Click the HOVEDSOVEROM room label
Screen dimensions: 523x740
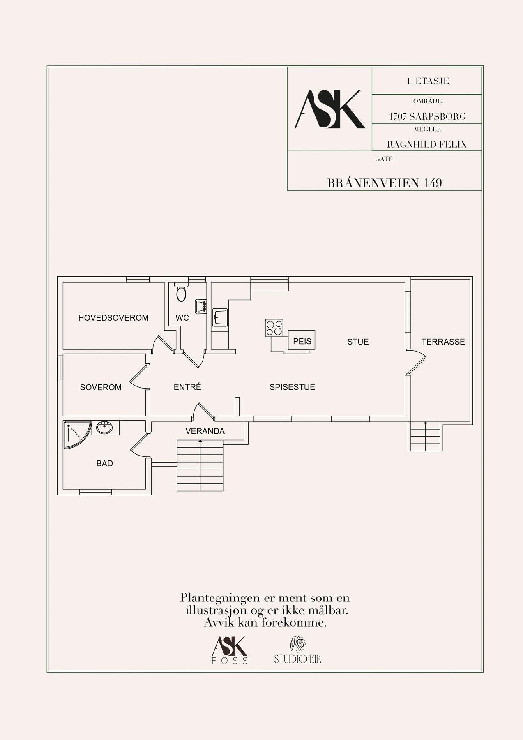pos(113,318)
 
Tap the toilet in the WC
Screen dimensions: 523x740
pos(181,291)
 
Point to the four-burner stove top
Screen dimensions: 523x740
pos(274,328)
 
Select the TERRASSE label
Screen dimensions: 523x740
pos(443,342)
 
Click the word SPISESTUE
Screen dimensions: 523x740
pos(292,387)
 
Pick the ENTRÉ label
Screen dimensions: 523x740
pos(187,387)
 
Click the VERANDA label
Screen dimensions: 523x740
pos(205,431)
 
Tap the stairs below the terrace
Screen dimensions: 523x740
pos(426,436)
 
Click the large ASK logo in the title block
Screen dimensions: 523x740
pos(330,109)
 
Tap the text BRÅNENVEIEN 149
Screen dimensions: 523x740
pos(385,183)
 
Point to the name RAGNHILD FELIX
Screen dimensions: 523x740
pos(427,144)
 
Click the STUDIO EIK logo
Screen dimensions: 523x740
pos(298,650)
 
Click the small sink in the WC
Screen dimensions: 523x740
pos(200,306)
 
